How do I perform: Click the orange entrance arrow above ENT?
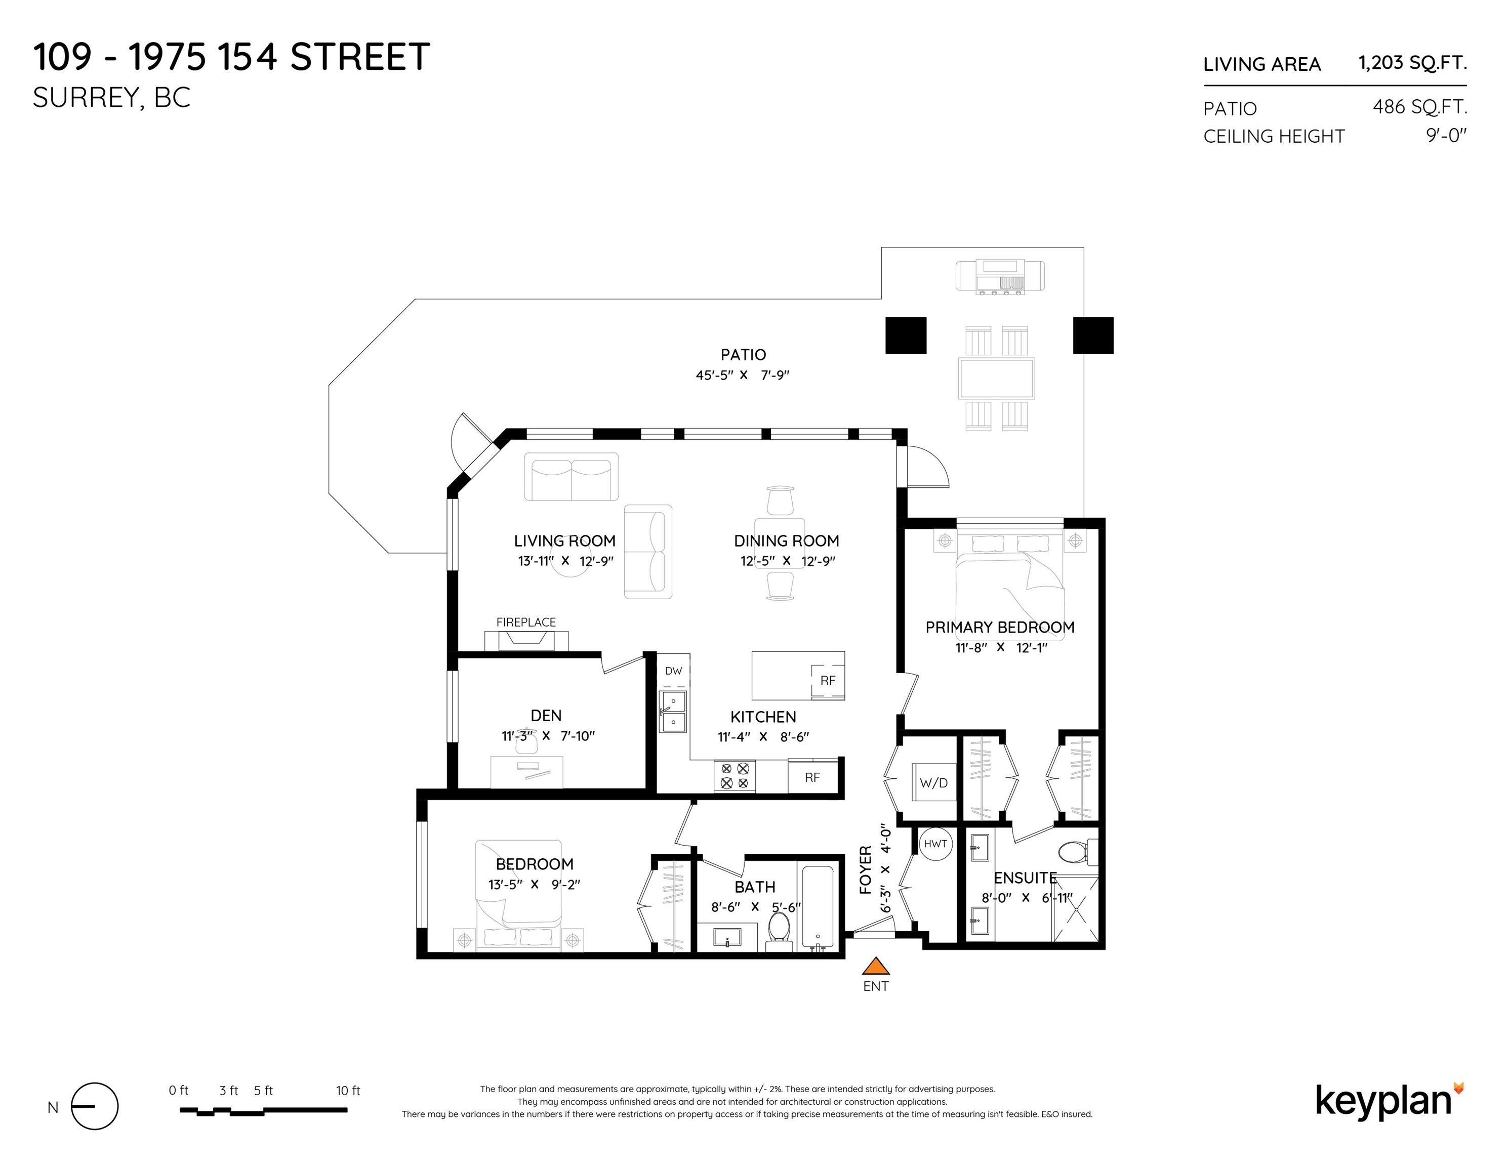[x=876, y=966]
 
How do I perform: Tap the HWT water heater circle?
[x=935, y=844]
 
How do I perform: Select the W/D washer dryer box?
[x=934, y=782]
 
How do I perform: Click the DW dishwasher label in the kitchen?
[x=673, y=671]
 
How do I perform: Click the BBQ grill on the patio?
[x=1000, y=276]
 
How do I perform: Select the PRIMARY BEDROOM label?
[x=1000, y=627]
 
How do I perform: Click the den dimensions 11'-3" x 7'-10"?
[x=548, y=736]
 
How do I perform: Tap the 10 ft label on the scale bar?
[x=348, y=1091]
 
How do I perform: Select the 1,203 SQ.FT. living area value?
[x=1412, y=63]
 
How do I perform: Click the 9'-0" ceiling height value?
[x=1446, y=136]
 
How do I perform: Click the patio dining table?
[x=996, y=379]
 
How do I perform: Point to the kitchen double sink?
[x=673, y=712]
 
